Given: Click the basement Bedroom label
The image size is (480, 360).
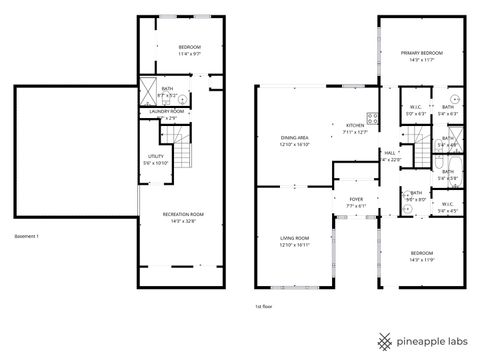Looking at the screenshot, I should pyautogui.click(x=189, y=48).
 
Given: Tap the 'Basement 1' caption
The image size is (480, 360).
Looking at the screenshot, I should pyautogui.click(x=26, y=236).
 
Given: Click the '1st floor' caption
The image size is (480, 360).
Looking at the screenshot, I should pyautogui.click(x=263, y=307).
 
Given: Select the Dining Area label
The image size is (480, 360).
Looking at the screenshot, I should pyautogui.click(x=294, y=138).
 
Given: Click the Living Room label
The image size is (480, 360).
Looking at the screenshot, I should pyautogui.click(x=294, y=237).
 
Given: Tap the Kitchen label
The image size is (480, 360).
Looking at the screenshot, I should pyautogui.click(x=356, y=125).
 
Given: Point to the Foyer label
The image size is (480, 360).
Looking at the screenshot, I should pyautogui.click(x=355, y=199).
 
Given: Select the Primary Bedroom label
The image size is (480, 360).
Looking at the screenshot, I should pyautogui.click(x=421, y=53).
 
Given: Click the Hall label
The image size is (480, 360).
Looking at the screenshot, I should pyautogui.click(x=389, y=154).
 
